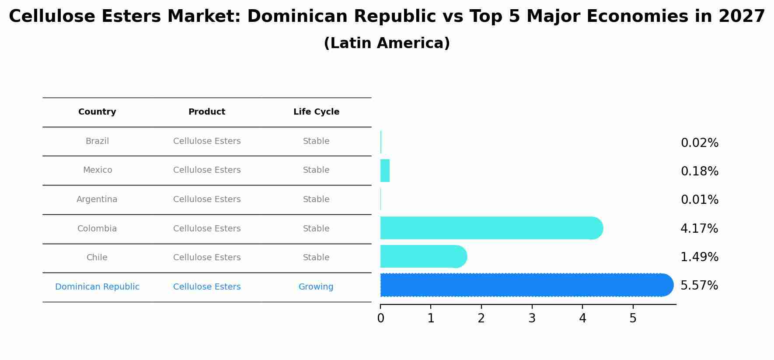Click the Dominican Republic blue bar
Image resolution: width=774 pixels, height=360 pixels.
coord(525,285)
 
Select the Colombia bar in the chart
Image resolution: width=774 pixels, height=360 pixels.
coord(490,228)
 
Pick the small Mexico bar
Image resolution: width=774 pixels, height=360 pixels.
coord(385,171)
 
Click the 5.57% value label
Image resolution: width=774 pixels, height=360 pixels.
coord(699,286)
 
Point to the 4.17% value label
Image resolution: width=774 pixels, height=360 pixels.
coord(699,228)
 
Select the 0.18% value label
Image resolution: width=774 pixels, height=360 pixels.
coord(699,171)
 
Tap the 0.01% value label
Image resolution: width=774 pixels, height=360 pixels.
coord(699,200)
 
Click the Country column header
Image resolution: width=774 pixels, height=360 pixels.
coord(97,112)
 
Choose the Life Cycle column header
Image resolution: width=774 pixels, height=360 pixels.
coord(316,112)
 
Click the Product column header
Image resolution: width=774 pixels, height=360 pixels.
coord(207,112)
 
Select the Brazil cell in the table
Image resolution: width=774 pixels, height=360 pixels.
coord(97,141)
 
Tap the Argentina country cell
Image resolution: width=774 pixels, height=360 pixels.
coord(97,199)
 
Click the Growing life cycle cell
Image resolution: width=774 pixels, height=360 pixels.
coord(316,287)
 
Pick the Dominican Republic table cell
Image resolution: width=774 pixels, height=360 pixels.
coord(97,287)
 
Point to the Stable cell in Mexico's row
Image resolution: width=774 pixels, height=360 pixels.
coord(316,170)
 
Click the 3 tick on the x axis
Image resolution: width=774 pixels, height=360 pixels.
coord(532,318)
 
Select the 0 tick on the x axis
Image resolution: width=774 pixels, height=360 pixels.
coord(380,318)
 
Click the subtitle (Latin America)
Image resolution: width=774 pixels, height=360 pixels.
coord(387,43)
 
